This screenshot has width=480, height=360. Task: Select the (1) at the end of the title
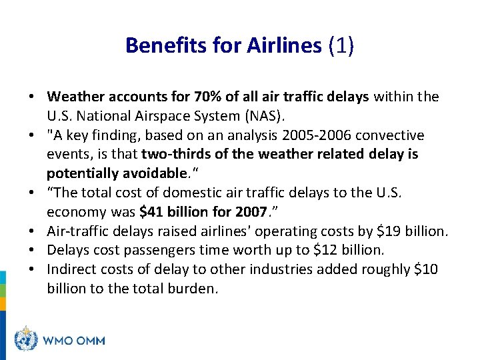click(x=341, y=45)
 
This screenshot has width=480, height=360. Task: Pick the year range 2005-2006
click(x=317, y=135)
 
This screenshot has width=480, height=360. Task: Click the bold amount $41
click(x=150, y=213)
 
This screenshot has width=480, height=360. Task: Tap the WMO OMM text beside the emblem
click(x=73, y=340)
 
